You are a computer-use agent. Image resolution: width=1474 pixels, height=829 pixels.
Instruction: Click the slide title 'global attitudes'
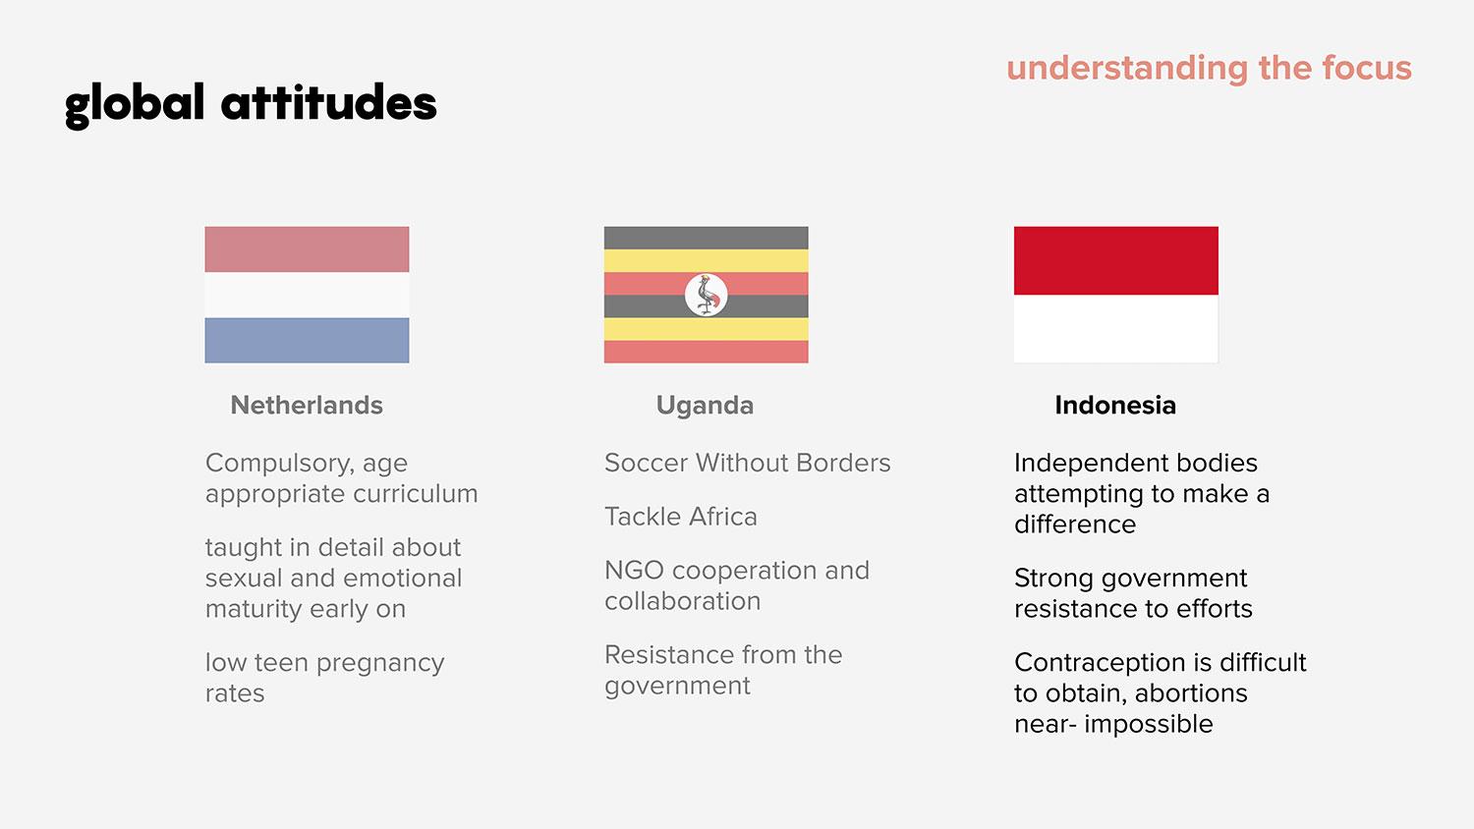(251, 104)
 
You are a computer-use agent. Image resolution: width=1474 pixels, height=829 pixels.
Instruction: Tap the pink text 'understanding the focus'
(1210, 69)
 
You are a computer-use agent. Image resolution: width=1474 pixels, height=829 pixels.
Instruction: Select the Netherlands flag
(307, 295)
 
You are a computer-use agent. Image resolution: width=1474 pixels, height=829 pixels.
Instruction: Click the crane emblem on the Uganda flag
(707, 295)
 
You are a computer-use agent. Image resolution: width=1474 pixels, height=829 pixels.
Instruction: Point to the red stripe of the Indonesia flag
(1116, 260)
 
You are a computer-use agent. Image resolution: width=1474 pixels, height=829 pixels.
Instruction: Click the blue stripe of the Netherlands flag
(307, 340)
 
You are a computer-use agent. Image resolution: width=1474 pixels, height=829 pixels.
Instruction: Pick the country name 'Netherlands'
(307, 406)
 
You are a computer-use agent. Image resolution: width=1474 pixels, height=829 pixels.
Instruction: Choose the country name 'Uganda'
(705, 406)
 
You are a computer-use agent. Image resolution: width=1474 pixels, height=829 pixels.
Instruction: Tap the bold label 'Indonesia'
(1115, 406)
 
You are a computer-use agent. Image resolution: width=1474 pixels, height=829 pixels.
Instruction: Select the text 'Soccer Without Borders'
(748, 463)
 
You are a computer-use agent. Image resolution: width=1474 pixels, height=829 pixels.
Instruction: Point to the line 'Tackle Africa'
(681, 517)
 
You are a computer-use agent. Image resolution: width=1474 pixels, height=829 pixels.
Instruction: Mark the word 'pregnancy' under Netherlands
(380, 664)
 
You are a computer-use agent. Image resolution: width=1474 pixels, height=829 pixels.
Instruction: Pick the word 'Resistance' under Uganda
(668, 654)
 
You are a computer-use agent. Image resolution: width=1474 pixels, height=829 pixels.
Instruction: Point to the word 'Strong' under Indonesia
(1053, 579)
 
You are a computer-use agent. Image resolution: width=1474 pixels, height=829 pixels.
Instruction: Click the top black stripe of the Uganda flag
(707, 238)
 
